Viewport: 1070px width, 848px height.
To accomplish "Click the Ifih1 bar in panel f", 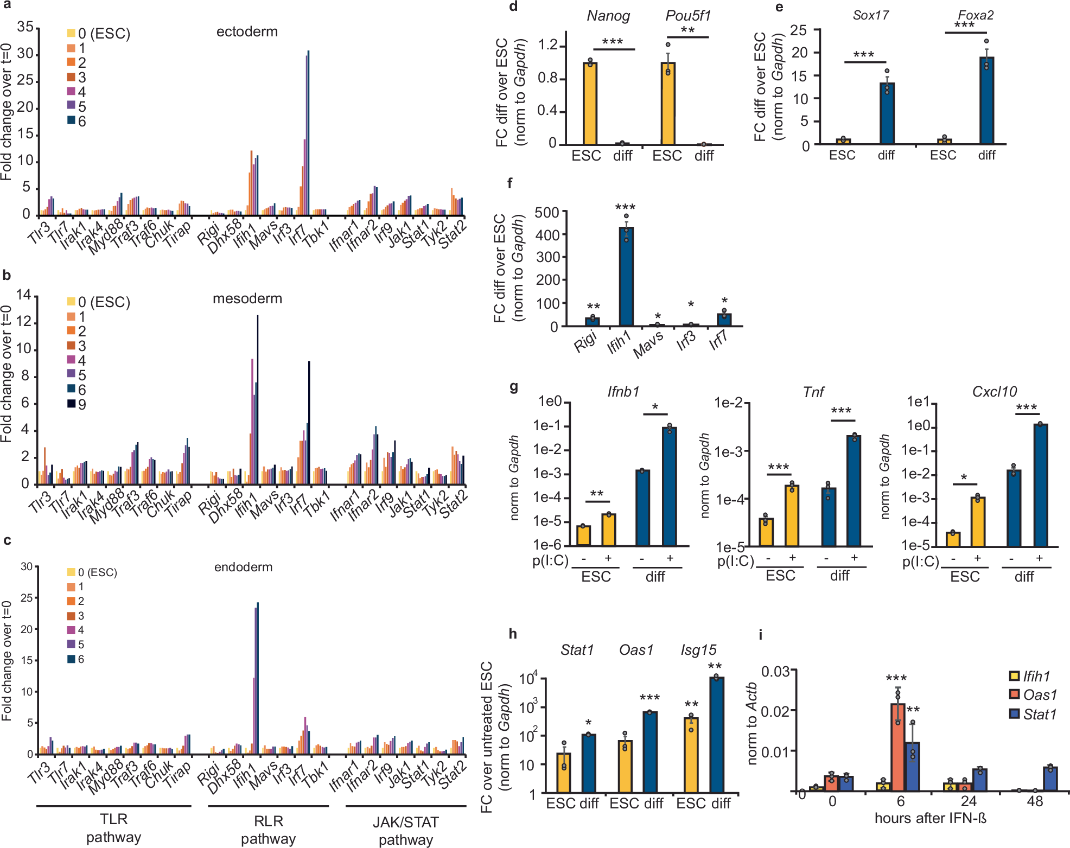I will [x=626, y=277].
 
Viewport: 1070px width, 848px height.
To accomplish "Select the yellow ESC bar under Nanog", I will [x=590, y=103].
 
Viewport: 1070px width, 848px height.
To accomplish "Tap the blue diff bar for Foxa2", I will [x=986, y=100].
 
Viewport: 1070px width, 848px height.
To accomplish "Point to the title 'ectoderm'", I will [x=247, y=31].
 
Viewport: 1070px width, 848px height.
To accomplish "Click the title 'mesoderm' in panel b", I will [x=247, y=298].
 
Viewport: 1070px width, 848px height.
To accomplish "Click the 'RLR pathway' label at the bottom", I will [x=268, y=830].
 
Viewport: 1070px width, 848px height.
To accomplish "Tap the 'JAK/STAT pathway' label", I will [x=405, y=831].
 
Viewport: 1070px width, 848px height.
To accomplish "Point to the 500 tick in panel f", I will [x=546, y=212].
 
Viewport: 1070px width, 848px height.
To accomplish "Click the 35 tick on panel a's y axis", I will [x=25, y=27].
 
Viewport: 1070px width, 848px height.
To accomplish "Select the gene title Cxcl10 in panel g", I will [x=994, y=391].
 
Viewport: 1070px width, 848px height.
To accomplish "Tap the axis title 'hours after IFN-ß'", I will [x=930, y=818].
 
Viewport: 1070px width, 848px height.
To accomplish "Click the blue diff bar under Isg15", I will [x=716, y=735].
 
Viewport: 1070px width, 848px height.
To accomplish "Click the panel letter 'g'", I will [x=513, y=387].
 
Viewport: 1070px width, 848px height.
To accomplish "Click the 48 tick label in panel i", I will [x=1035, y=801].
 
